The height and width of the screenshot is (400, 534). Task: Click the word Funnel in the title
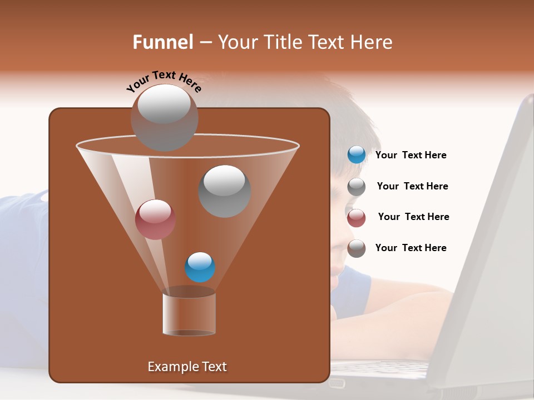click(x=162, y=42)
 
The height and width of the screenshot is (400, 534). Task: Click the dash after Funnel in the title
click(x=205, y=43)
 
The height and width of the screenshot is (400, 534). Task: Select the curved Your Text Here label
click(x=164, y=81)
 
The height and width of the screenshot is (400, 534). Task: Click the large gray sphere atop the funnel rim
click(x=164, y=117)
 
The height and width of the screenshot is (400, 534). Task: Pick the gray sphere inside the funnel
click(x=224, y=191)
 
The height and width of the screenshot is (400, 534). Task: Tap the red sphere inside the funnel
click(x=155, y=219)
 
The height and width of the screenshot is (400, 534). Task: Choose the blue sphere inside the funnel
click(x=200, y=267)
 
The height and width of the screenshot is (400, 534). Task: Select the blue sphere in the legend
click(x=357, y=155)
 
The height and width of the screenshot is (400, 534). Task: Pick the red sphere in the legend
click(x=357, y=218)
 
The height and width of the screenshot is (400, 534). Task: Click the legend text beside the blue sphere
click(x=411, y=156)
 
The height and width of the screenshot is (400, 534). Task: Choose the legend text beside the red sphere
click(x=413, y=217)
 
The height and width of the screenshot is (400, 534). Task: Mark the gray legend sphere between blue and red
click(x=357, y=187)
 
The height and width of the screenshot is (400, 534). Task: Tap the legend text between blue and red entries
click(x=412, y=187)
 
